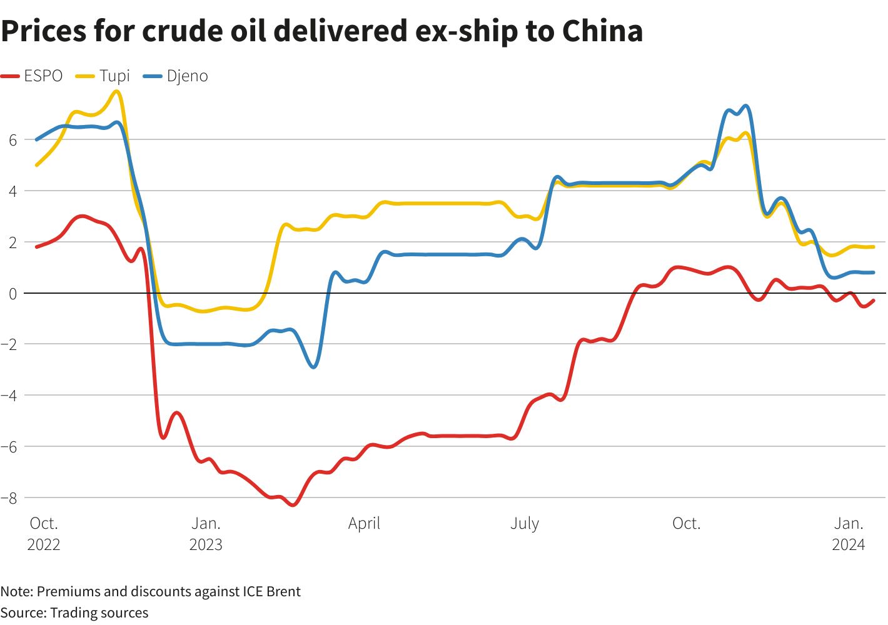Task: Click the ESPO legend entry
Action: tap(33, 76)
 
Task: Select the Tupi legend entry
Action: tap(103, 76)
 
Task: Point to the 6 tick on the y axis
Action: tap(13, 140)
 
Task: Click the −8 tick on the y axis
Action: tap(9, 498)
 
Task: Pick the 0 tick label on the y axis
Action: tap(13, 293)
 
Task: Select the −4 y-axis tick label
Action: tap(9, 396)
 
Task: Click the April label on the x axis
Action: tap(364, 524)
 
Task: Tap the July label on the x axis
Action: tap(524, 524)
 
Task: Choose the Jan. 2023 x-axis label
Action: tap(206, 534)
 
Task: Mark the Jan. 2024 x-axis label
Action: tap(849, 534)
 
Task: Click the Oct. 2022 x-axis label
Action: tap(44, 534)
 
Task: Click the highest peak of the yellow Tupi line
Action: tap(116, 91)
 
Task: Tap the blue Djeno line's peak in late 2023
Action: tap(745, 106)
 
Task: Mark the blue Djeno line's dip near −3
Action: tap(313, 367)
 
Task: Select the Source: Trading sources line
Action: tap(74, 612)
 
